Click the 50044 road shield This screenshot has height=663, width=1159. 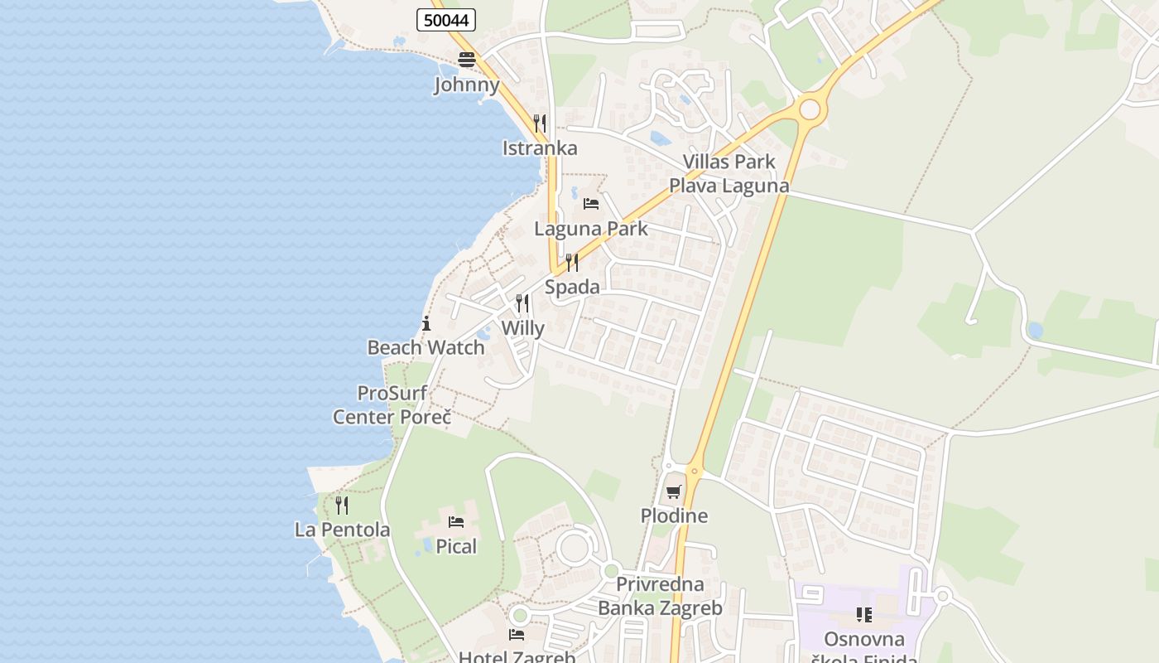[445, 20]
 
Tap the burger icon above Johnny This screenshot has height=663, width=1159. [467, 60]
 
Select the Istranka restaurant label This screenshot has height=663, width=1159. [540, 148]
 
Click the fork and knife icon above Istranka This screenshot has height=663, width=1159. [539, 123]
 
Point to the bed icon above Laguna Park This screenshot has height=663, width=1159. [591, 203]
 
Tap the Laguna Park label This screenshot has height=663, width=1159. [591, 229]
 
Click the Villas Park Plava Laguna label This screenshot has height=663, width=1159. [729, 173]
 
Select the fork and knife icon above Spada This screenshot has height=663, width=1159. [572, 263]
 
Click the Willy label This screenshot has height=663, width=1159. [523, 328]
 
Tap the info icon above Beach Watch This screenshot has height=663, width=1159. [426, 323]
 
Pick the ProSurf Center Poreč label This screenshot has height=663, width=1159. [392, 404]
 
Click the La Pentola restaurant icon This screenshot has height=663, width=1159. [342, 505]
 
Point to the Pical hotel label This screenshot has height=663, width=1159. [457, 546]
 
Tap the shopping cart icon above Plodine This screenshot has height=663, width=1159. [674, 491]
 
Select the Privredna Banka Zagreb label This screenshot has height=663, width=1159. [660, 596]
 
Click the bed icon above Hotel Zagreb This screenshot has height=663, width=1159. [517, 635]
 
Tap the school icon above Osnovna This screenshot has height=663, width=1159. [864, 615]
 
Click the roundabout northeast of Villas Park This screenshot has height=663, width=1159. [810, 109]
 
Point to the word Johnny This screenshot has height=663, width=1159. [467, 85]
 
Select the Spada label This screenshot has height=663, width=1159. [572, 287]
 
